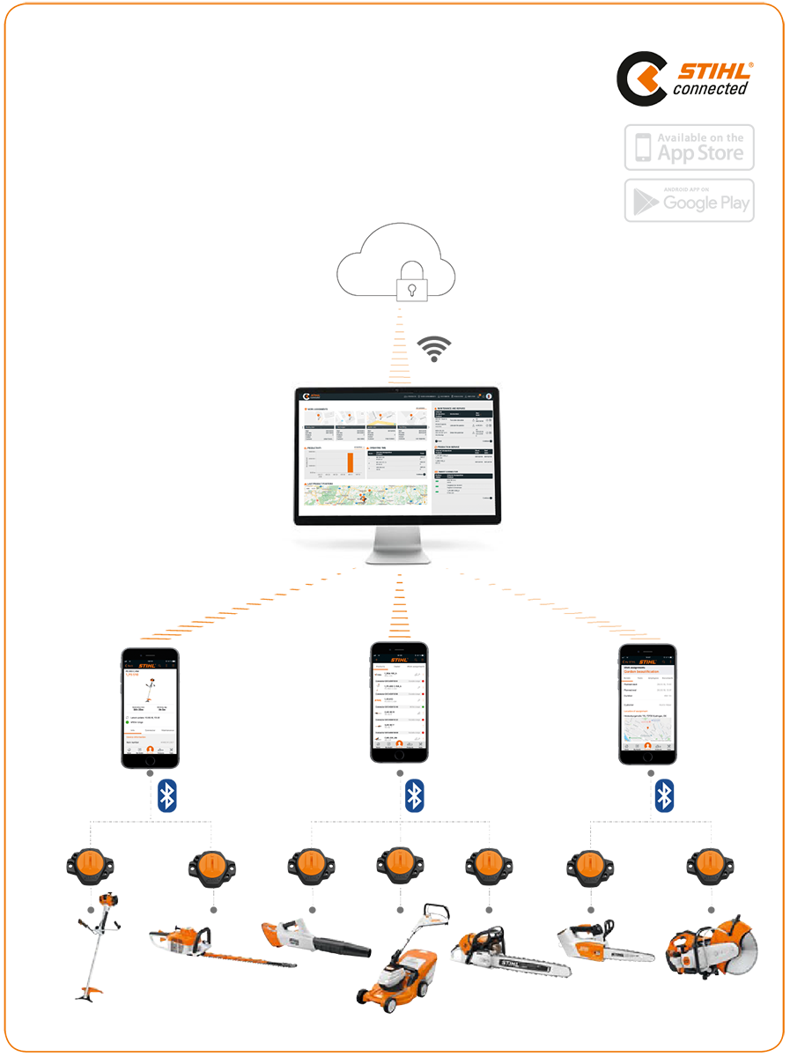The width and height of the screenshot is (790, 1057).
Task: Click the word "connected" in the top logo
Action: (710, 88)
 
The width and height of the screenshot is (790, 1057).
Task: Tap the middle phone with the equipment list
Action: (399, 702)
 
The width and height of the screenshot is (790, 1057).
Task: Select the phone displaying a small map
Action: (647, 702)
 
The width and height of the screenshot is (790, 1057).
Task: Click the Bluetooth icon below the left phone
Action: (166, 795)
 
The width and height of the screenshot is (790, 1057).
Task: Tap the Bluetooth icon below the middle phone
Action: (414, 795)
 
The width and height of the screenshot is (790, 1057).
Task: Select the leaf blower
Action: (308, 942)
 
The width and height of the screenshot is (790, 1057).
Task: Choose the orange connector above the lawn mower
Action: (395, 869)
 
